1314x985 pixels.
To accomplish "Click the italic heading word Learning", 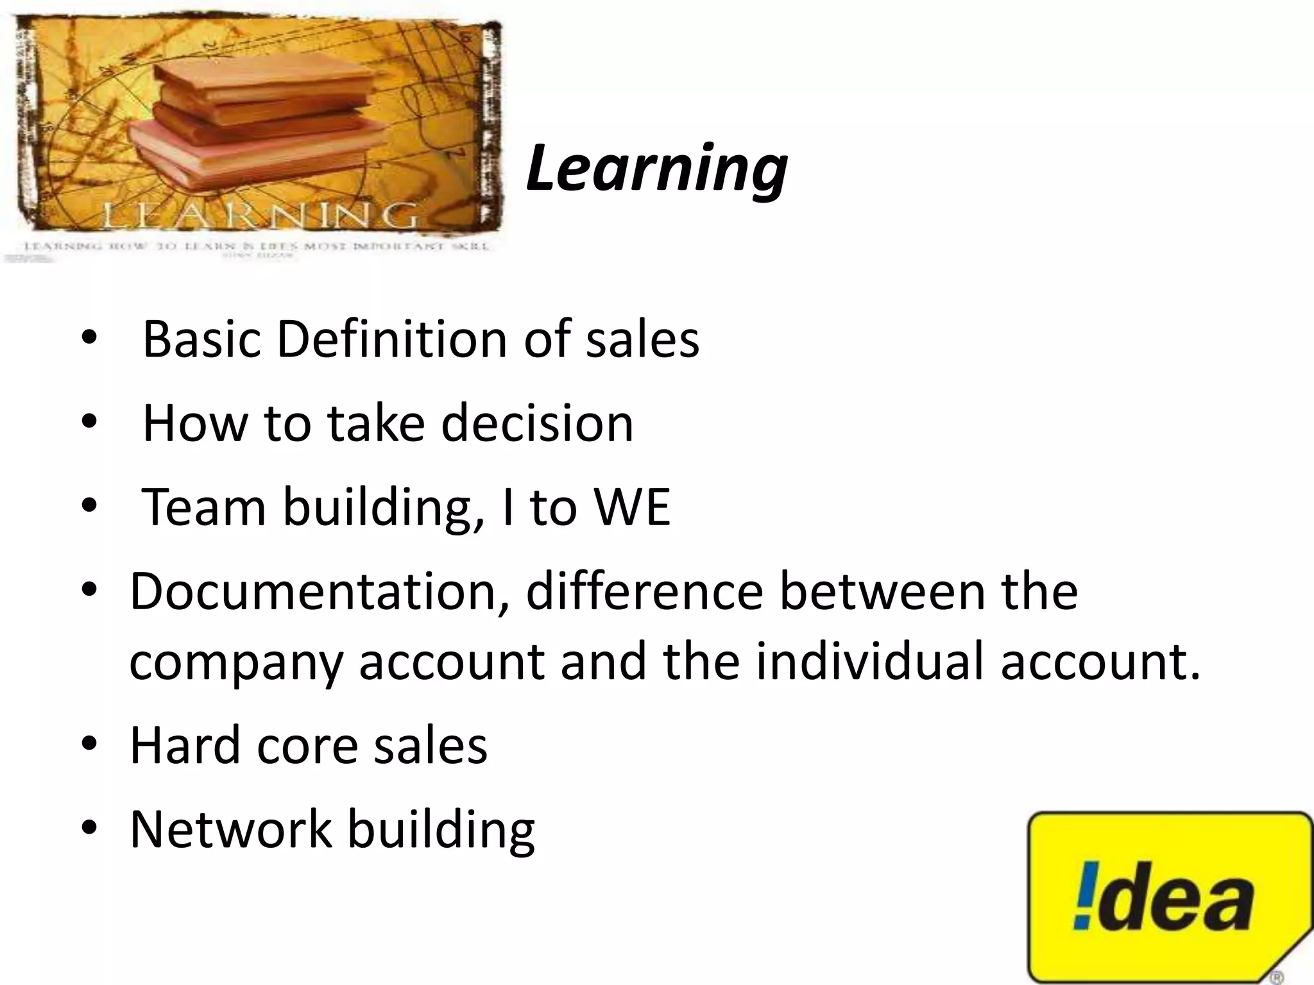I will pyautogui.click(x=656, y=168).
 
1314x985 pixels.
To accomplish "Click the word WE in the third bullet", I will pyautogui.click(x=632, y=507).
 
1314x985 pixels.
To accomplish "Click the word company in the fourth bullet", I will pyautogui.click(x=235, y=662).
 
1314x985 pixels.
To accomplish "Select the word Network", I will pyautogui.click(x=230, y=829).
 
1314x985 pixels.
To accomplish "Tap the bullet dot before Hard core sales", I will pyautogui.click(x=89, y=744).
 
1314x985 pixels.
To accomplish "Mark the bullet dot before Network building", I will pyautogui.click(x=89, y=828).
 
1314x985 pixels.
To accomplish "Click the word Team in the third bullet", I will pyautogui.click(x=203, y=507).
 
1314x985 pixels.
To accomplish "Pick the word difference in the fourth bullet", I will pyautogui.click(x=644, y=591).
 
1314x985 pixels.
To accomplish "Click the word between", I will pyautogui.click(x=882, y=591).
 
